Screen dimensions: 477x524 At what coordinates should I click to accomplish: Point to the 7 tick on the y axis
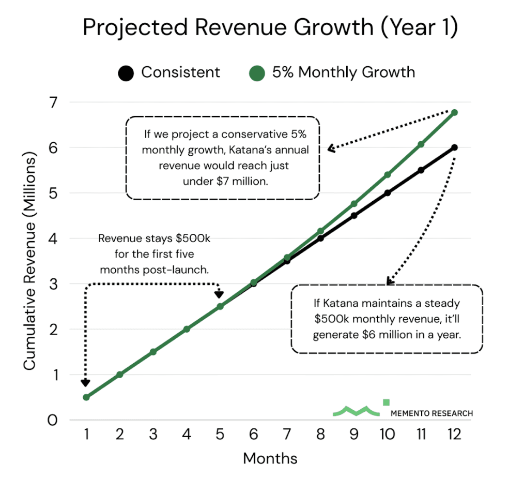click(52, 102)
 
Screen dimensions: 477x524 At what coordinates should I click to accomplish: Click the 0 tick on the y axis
click(52, 420)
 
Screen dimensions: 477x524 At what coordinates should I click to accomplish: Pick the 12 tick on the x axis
click(454, 435)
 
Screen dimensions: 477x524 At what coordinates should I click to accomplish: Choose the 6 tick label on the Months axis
click(253, 435)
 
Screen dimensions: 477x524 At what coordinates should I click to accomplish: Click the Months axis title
click(270, 458)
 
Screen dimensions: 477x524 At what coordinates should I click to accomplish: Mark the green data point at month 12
click(454, 112)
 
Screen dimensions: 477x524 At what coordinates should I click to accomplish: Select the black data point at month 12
click(454, 147)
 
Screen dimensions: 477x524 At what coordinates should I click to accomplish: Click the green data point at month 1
click(86, 397)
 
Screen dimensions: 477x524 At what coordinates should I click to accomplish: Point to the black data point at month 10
click(388, 193)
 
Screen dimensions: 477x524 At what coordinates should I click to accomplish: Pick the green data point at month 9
click(354, 204)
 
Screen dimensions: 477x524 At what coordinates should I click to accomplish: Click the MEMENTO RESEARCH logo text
click(431, 413)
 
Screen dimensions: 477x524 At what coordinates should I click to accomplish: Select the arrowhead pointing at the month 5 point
click(219, 294)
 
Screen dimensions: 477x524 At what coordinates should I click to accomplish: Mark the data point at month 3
click(153, 352)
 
